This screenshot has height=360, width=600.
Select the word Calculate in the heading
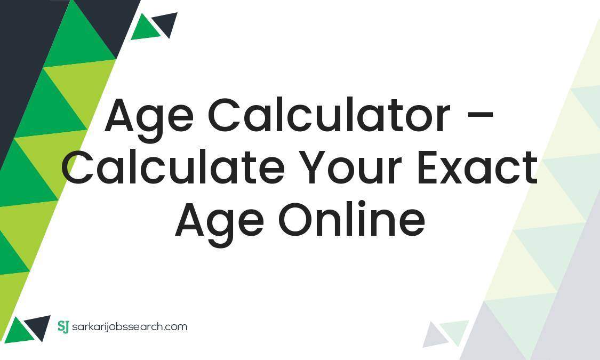[x=173, y=167]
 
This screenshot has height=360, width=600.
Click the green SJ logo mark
[x=63, y=326]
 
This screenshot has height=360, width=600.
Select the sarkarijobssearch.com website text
[x=129, y=327]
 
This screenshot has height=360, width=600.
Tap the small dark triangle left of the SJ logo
[x=39, y=326]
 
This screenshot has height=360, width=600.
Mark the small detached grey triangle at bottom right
[x=434, y=336]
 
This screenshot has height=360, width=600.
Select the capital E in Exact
[x=429, y=167]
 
